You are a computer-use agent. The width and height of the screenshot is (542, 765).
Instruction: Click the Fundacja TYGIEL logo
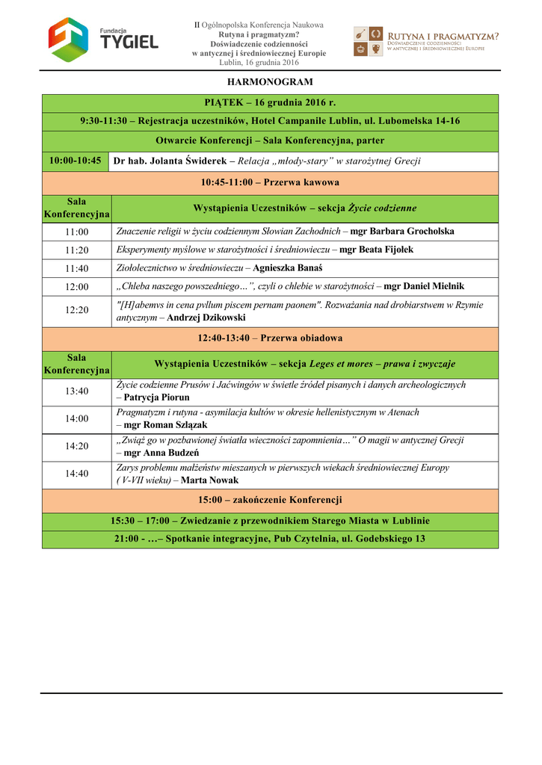pyautogui.click(x=103, y=40)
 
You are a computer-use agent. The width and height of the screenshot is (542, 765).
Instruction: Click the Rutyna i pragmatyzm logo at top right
pyautogui.click(x=426, y=42)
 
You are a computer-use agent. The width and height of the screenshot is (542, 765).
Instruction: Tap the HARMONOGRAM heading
pyautogui.click(x=270, y=81)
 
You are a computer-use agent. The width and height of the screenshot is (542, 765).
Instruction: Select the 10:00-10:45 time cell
pyautogui.click(x=76, y=161)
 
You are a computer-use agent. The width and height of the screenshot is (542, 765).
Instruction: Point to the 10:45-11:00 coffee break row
pyautogui.click(x=270, y=182)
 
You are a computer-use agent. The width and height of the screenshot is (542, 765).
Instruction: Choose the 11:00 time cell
pyautogui.click(x=76, y=232)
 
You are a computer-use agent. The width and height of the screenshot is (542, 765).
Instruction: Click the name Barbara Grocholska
pyautogui.click(x=412, y=232)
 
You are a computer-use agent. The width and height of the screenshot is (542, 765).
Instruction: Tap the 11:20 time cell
pyautogui.click(x=76, y=250)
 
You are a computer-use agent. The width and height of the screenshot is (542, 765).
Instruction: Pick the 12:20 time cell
pyautogui.click(x=76, y=310)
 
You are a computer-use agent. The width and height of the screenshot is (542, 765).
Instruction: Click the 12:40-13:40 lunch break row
pyautogui.click(x=270, y=338)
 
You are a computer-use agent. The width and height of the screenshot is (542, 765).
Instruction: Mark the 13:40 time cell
pyautogui.click(x=76, y=391)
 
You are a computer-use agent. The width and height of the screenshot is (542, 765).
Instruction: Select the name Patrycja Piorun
pyautogui.click(x=156, y=397)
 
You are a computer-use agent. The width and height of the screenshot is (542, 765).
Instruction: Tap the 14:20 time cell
pyautogui.click(x=76, y=446)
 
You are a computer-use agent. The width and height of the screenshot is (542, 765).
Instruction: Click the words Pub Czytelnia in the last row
pyautogui.click(x=306, y=539)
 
